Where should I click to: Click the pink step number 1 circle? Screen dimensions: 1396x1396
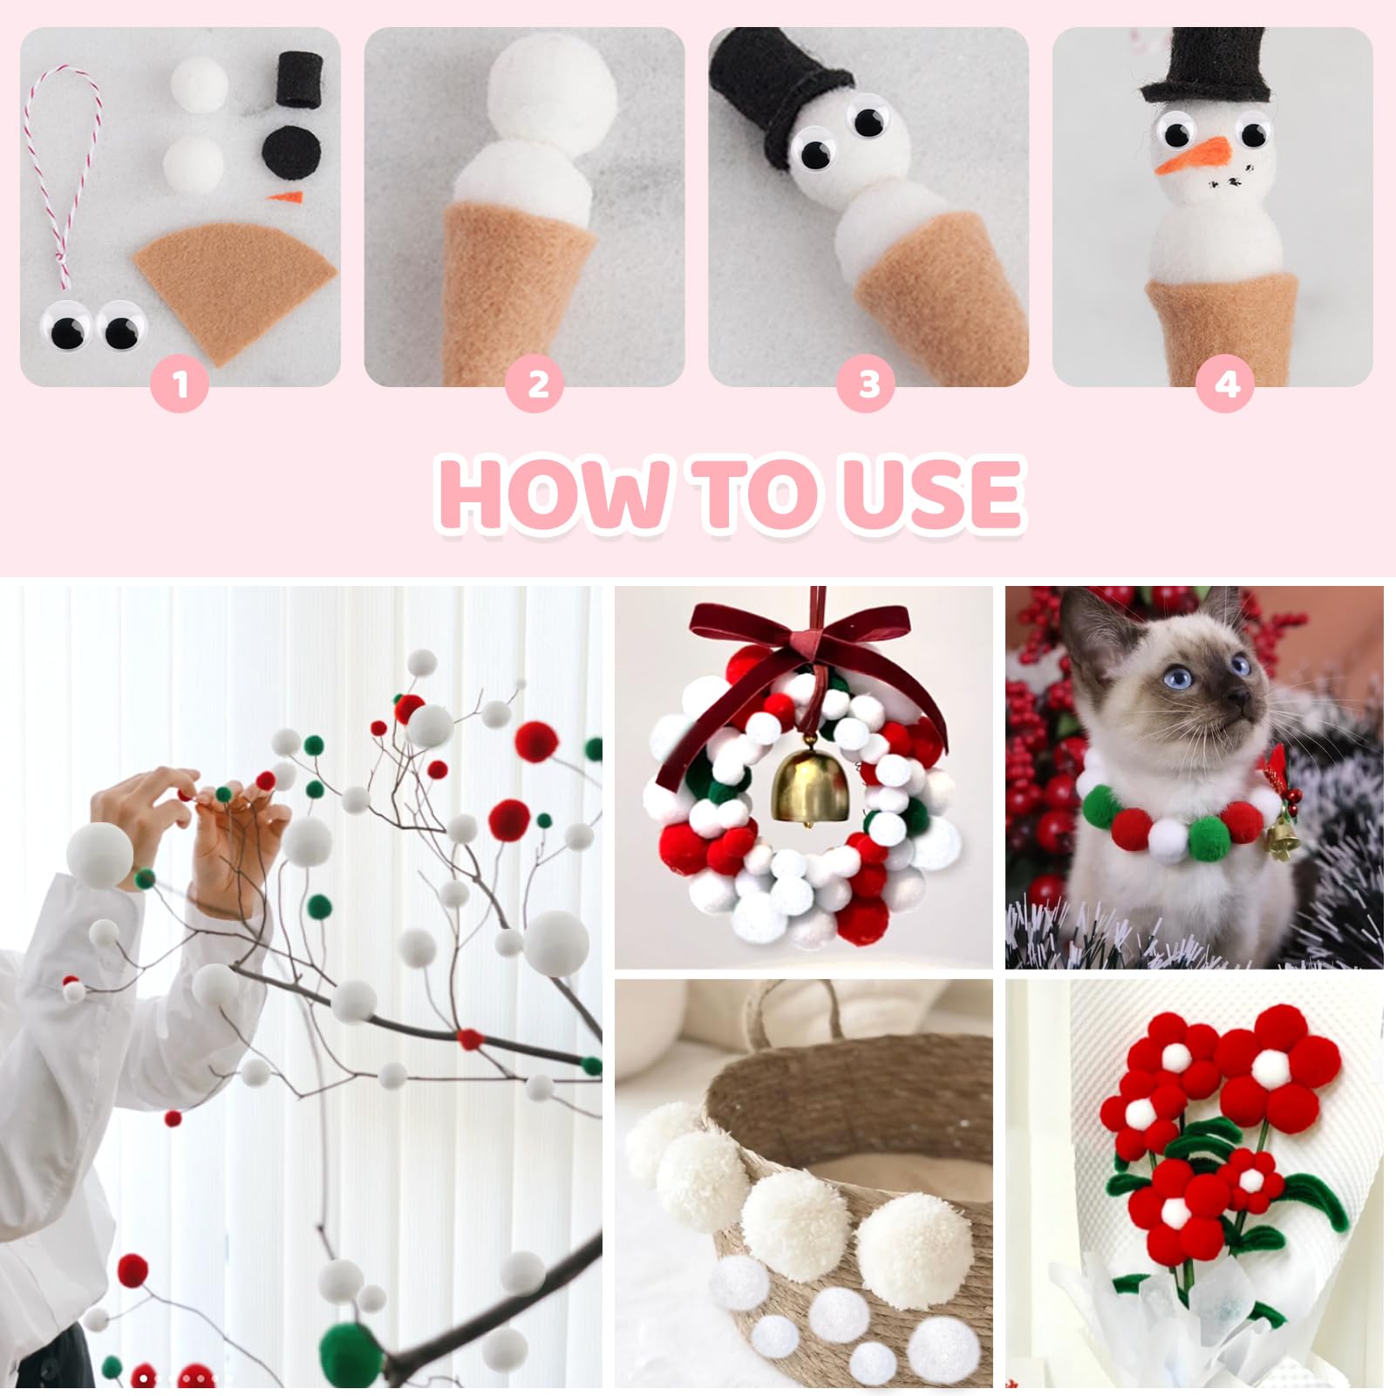[180, 384]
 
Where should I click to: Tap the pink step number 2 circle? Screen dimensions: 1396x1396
[538, 384]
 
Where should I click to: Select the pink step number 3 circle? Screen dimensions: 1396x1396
[868, 384]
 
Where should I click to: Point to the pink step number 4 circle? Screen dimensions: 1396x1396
[1227, 384]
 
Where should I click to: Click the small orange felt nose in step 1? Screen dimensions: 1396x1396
[283, 197]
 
